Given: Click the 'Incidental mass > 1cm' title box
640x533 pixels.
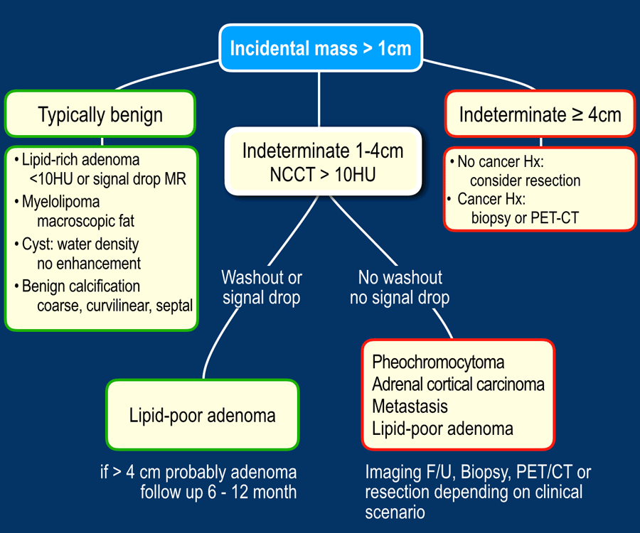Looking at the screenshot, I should click(320, 48).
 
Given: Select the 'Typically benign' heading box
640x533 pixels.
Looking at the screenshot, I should click(100, 114).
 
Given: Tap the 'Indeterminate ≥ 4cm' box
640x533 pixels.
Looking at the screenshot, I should click(540, 114).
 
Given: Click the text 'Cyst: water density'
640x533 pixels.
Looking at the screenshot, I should click(80, 244).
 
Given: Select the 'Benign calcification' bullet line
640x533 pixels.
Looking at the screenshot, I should click(80, 286).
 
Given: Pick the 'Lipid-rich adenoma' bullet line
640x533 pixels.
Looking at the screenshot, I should click(80, 159).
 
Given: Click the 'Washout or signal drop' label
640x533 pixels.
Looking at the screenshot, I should click(261, 287).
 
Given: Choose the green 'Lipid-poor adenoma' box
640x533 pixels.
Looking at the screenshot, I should click(202, 415).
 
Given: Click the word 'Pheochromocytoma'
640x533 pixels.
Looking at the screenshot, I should click(438, 362).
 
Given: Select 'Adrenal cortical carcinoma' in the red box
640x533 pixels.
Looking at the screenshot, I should click(458, 384).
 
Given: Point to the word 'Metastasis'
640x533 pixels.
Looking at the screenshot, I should click(410, 407).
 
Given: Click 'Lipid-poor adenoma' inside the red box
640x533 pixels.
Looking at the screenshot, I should click(442, 429).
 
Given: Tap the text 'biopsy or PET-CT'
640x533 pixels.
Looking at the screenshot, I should click(525, 217).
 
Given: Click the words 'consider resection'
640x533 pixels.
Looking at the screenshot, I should click(525, 180).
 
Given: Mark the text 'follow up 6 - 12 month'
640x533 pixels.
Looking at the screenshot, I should click(218, 492).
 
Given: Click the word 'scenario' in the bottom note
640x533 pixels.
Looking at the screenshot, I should click(395, 512).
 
